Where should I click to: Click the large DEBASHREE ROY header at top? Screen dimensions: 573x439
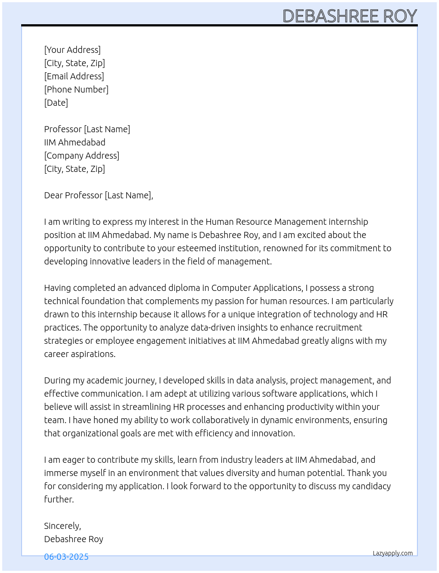pos(350,16)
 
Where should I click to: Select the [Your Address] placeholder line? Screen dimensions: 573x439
pos(72,50)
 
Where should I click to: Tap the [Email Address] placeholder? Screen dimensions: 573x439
pos(74,76)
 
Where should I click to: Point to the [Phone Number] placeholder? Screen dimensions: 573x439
pos(76,89)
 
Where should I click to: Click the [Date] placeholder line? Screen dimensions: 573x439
pos(56,103)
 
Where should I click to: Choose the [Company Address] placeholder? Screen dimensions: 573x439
pos(82,156)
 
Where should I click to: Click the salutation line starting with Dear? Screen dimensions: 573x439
pos(98,195)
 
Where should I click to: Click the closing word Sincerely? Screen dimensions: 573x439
pos(62,526)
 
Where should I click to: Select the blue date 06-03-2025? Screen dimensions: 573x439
pos(66,557)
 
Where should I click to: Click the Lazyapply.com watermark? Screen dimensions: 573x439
pos(393,553)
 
